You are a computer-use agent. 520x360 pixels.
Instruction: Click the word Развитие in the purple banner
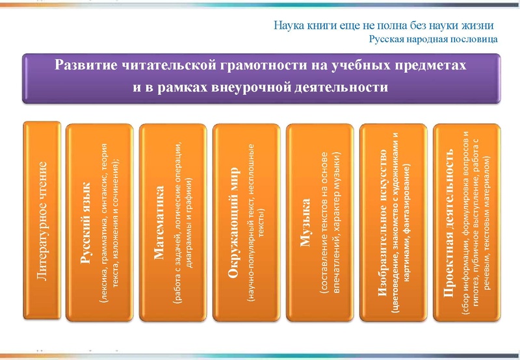pyautogui.click(x=85, y=66)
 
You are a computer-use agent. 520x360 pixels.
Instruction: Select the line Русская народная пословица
pyautogui.click(x=434, y=39)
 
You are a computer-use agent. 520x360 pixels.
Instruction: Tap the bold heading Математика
pyautogui.click(x=159, y=222)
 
